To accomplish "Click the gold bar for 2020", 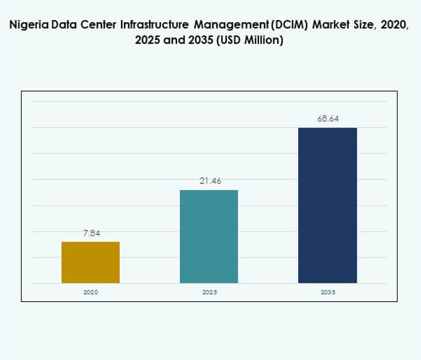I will click(91, 262).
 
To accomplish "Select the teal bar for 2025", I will click(209, 237).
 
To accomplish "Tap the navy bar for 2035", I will click(327, 206).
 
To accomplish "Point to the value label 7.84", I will click(91, 233).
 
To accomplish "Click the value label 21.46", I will click(210, 181).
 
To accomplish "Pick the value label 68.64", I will click(328, 119).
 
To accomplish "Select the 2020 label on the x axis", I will click(91, 292).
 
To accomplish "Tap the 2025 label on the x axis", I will click(209, 292).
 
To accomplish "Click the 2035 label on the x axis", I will click(327, 292).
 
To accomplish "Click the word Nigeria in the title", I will click(28, 26).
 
